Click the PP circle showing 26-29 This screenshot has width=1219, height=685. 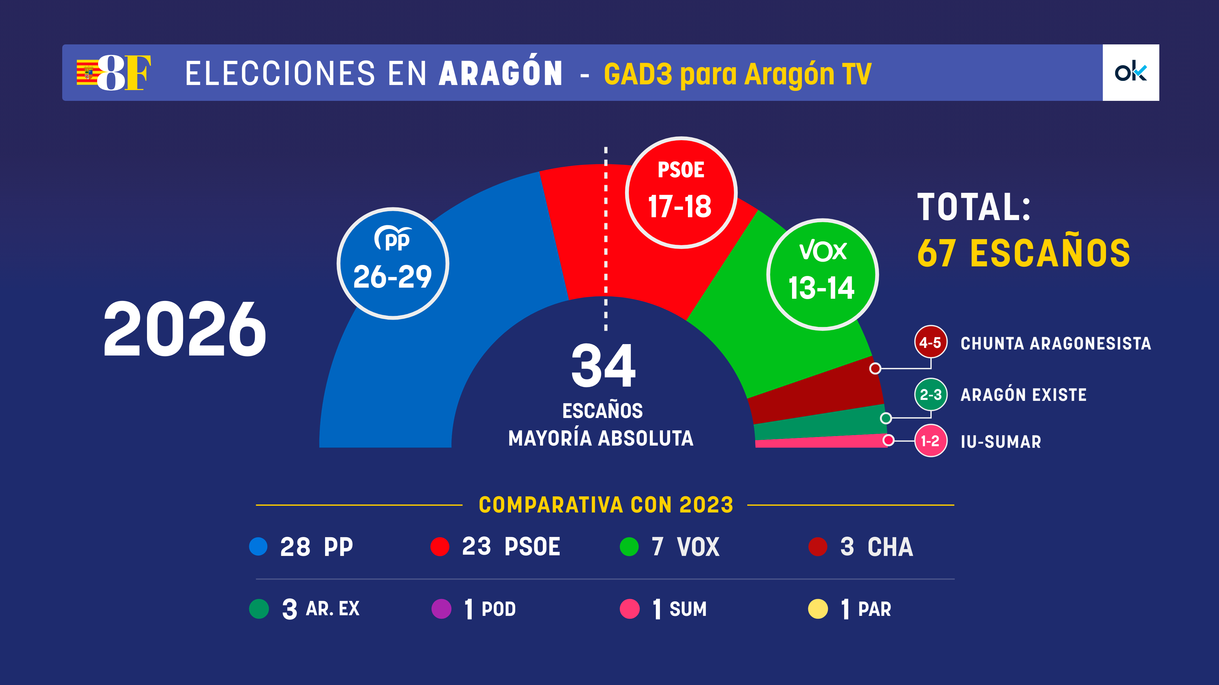tap(393, 263)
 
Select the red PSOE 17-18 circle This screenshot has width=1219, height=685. tap(681, 192)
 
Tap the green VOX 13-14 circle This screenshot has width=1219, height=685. tap(823, 274)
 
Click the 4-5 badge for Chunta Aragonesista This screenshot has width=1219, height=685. tap(930, 342)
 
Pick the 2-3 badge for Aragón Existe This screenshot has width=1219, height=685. tap(930, 394)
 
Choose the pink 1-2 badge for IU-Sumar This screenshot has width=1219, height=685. tap(930, 440)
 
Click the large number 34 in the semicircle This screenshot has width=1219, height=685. tap(603, 365)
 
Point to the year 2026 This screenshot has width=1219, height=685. tap(184, 329)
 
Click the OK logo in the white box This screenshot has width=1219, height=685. tap(1130, 72)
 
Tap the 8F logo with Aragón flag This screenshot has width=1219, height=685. tap(114, 72)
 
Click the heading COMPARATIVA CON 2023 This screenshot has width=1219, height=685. tap(606, 505)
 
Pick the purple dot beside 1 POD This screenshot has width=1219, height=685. tap(441, 609)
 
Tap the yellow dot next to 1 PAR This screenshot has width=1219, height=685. tap(818, 609)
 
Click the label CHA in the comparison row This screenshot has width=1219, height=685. tap(890, 547)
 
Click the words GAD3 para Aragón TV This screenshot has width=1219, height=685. tap(737, 74)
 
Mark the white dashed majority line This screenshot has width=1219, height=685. tap(606, 236)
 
